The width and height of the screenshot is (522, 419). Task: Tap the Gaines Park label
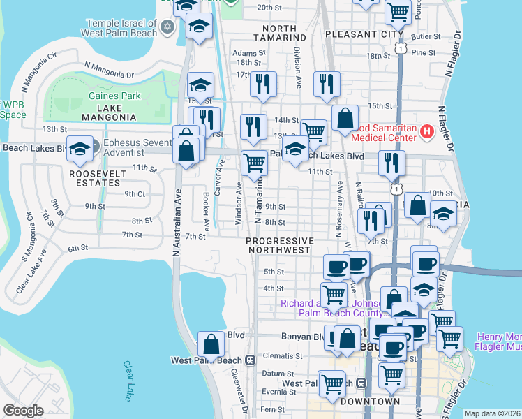tap(114, 96)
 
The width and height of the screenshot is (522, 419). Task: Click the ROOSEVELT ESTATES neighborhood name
tap(97, 177)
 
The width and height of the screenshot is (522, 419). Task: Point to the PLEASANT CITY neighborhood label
tap(364, 34)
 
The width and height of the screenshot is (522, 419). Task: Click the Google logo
tap(22, 410)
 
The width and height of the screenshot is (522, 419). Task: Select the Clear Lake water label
tap(128, 381)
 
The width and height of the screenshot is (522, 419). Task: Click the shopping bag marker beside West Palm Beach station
tap(211, 345)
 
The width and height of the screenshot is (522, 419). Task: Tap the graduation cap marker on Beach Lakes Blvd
tap(80, 149)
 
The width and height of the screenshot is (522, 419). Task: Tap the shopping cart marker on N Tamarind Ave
tap(254, 163)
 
